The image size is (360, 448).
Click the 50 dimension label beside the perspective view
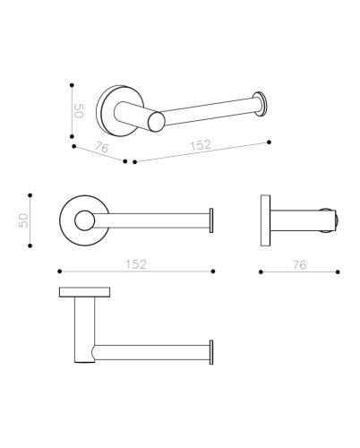pos(79,111)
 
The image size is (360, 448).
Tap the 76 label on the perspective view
pos(102,147)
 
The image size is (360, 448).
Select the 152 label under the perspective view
pos(201,145)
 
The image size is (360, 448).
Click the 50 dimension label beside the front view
pos(23,220)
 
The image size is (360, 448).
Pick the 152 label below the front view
pos(136,264)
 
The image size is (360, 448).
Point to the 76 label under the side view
pos(299,265)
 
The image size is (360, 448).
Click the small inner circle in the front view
pos(85,220)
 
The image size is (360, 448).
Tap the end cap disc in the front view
pos(211,220)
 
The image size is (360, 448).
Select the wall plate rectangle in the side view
pos(265,220)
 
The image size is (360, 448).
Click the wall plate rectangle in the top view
pos(84,292)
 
